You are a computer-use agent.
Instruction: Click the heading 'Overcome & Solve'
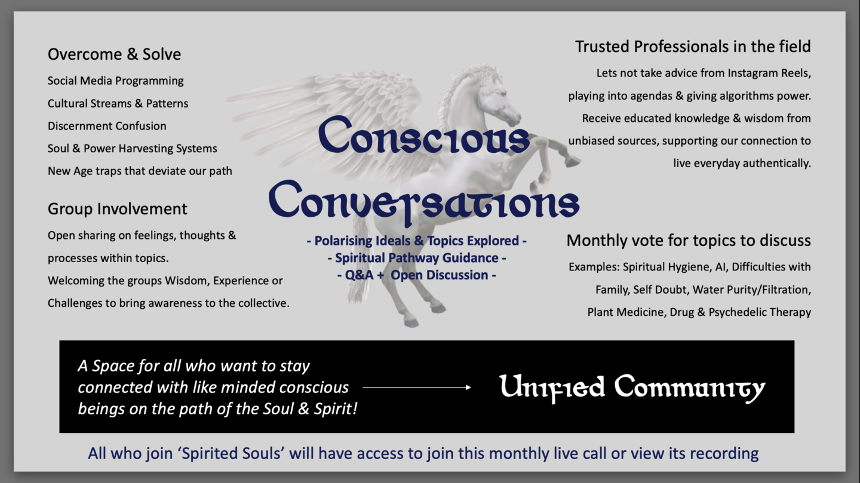tap(114, 54)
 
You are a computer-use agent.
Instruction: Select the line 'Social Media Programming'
tap(116, 81)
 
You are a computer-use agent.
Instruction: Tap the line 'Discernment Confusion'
tap(107, 126)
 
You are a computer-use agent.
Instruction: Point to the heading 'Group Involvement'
tap(117, 209)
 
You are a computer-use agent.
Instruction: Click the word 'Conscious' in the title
tap(424, 135)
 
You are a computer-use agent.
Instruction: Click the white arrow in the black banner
tap(417, 387)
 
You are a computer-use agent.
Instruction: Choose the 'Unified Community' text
tap(632, 388)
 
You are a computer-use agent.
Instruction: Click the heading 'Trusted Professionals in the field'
tap(693, 47)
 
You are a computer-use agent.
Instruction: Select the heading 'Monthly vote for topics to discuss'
tap(689, 241)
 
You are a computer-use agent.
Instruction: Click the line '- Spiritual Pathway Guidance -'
tap(417, 258)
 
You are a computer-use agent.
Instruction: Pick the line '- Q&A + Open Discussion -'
tap(417, 275)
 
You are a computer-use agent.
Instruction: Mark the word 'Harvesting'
tap(145, 149)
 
